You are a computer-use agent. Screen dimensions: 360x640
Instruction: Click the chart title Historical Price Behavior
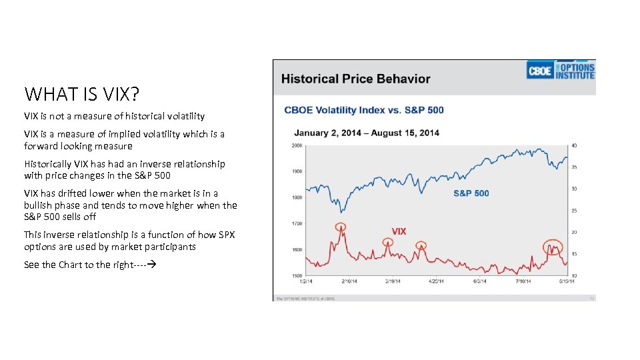click(x=355, y=79)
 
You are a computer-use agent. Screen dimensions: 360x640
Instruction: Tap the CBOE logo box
click(x=539, y=71)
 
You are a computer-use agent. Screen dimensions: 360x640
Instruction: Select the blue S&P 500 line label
click(x=471, y=193)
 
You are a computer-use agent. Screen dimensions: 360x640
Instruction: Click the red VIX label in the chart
click(x=399, y=231)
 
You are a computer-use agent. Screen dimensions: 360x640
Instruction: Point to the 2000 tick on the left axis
click(x=297, y=145)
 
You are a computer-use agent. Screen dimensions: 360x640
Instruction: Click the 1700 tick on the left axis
click(x=297, y=223)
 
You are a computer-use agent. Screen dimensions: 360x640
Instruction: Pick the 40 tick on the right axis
click(x=573, y=145)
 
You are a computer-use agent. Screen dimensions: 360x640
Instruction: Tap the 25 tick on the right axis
click(x=573, y=211)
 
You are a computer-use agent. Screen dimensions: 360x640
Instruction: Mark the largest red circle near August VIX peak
click(x=552, y=248)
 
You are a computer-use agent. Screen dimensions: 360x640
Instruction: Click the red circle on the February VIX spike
click(x=341, y=227)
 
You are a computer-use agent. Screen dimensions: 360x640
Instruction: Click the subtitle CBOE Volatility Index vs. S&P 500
click(x=363, y=110)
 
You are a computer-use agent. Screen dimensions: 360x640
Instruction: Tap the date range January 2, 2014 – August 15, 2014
click(x=366, y=133)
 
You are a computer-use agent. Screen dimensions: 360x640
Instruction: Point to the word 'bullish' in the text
click(x=37, y=205)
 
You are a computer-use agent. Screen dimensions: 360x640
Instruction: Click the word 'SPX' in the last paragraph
click(x=226, y=235)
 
